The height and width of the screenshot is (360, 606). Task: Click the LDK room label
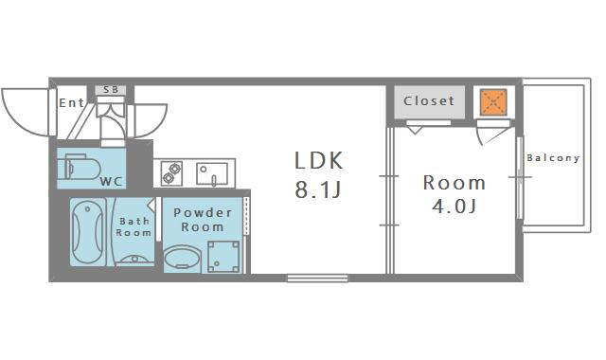(x=318, y=160)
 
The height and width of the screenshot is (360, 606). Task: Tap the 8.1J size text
(x=318, y=189)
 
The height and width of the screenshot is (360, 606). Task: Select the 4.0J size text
(x=454, y=207)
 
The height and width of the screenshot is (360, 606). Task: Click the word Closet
(x=429, y=101)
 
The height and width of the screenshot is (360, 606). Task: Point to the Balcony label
(x=553, y=158)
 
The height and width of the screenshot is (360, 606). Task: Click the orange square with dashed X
(x=493, y=102)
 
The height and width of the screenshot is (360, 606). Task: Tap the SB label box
(x=111, y=90)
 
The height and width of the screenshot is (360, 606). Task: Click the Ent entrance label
(x=72, y=103)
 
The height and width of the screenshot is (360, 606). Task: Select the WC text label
(x=112, y=181)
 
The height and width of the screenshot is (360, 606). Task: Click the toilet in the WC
(x=80, y=167)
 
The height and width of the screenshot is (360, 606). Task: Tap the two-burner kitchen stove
(x=171, y=173)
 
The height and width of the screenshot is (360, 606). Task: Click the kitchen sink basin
(x=212, y=174)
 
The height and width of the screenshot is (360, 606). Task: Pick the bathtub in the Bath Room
(x=88, y=232)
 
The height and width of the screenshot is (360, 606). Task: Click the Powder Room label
(x=203, y=220)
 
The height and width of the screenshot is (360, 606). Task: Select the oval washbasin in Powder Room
(x=183, y=259)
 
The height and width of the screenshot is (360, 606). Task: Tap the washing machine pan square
(x=223, y=257)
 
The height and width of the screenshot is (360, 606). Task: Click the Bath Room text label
(x=134, y=227)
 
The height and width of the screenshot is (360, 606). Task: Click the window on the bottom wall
(x=317, y=278)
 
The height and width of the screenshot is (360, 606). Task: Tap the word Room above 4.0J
(x=454, y=183)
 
